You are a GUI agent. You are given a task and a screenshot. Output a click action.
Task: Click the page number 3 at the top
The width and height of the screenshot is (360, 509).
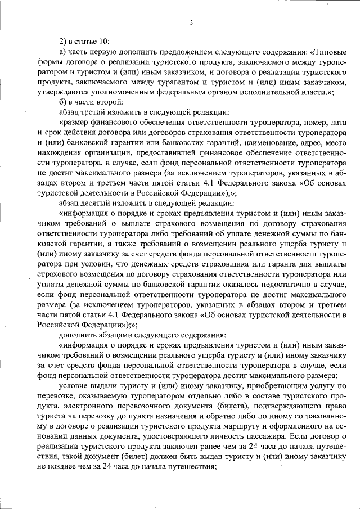click(x=191, y=22)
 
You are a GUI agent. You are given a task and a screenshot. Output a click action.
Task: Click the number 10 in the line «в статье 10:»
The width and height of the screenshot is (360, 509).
click(x=104, y=42)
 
